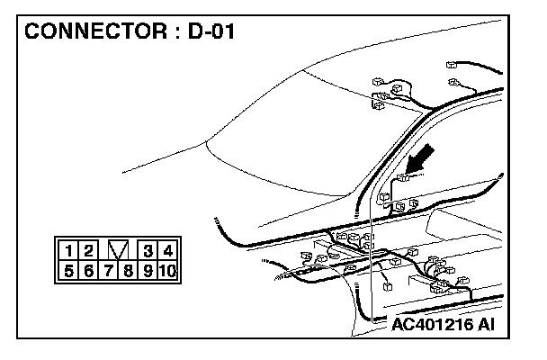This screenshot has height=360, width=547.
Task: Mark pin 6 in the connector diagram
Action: (x=87, y=269)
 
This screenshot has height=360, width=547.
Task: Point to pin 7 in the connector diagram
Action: (x=108, y=269)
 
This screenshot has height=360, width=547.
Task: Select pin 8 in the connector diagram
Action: (x=129, y=269)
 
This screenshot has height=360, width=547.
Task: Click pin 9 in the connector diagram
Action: (x=148, y=269)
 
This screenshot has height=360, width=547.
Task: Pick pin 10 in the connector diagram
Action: (x=167, y=269)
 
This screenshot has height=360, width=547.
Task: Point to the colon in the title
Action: (x=175, y=34)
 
